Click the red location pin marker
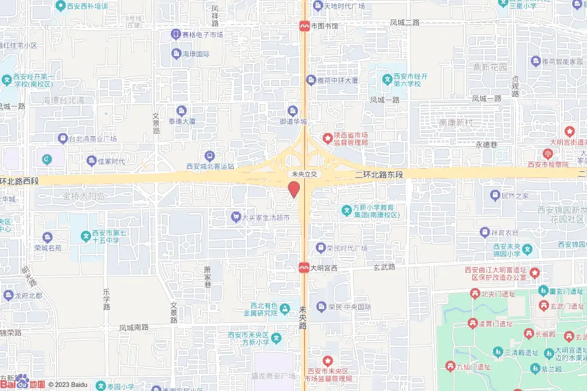pyautogui.click(x=293, y=189)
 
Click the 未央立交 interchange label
pyautogui.click(x=302, y=173)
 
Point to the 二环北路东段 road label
pyautogui.click(x=379, y=173)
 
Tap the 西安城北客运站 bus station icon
pyautogui.click(x=210, y=156)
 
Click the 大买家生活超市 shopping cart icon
pyautogui.click(x=236, y=217)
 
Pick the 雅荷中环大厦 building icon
pyautogui.click(x=311, y=80)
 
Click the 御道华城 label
pyautogui.click(x=293, y=121)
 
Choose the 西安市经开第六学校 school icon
pyautogui.click(x=388, y=80)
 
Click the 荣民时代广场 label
pyautogui.click(x=347, y=248)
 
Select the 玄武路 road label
pyautogui.click(x=385, y=267)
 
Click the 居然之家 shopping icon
pyautogui.click(x=495, y=196)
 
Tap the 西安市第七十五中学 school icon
pyautogui.click(x=85, y=235)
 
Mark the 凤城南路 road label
pyautogui.click(x=134, y=327)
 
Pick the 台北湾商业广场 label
pyautogui.click(x=92, y=139)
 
